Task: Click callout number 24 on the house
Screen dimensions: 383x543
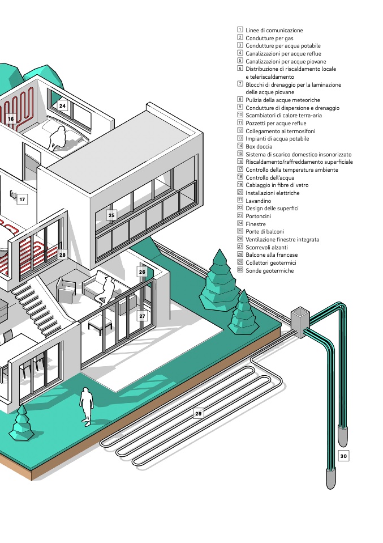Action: [x=62, y=106]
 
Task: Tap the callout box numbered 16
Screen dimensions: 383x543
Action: [x=11, y=119]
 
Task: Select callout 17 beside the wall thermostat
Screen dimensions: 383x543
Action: [x=22, y=200]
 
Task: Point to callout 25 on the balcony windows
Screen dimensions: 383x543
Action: [x=111, y=215]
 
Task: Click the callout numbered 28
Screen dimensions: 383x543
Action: [x=62, y=255]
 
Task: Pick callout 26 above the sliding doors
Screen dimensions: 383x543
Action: [x=142, y=272]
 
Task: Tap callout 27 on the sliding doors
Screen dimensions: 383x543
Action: [x=142, y=316]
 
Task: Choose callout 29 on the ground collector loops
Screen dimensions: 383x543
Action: [x=198, y=413]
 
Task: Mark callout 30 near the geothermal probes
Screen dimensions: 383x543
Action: [x=343, y=456]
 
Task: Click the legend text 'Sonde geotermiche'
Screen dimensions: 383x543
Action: [x=270, y=271]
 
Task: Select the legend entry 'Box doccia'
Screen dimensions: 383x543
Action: [x=259, y=146]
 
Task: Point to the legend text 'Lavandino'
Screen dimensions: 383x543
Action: [x=258, y=201]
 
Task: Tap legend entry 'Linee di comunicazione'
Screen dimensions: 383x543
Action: [x=274, y=31]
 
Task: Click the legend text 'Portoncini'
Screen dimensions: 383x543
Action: [x=258, y=217]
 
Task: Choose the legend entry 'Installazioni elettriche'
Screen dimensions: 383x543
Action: [x=272, y=193]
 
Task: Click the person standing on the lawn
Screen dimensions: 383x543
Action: [x=86, y=406]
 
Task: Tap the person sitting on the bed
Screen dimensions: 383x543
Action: [x=58, y=138]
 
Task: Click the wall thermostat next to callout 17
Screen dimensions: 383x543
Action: [x=13, y=194]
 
